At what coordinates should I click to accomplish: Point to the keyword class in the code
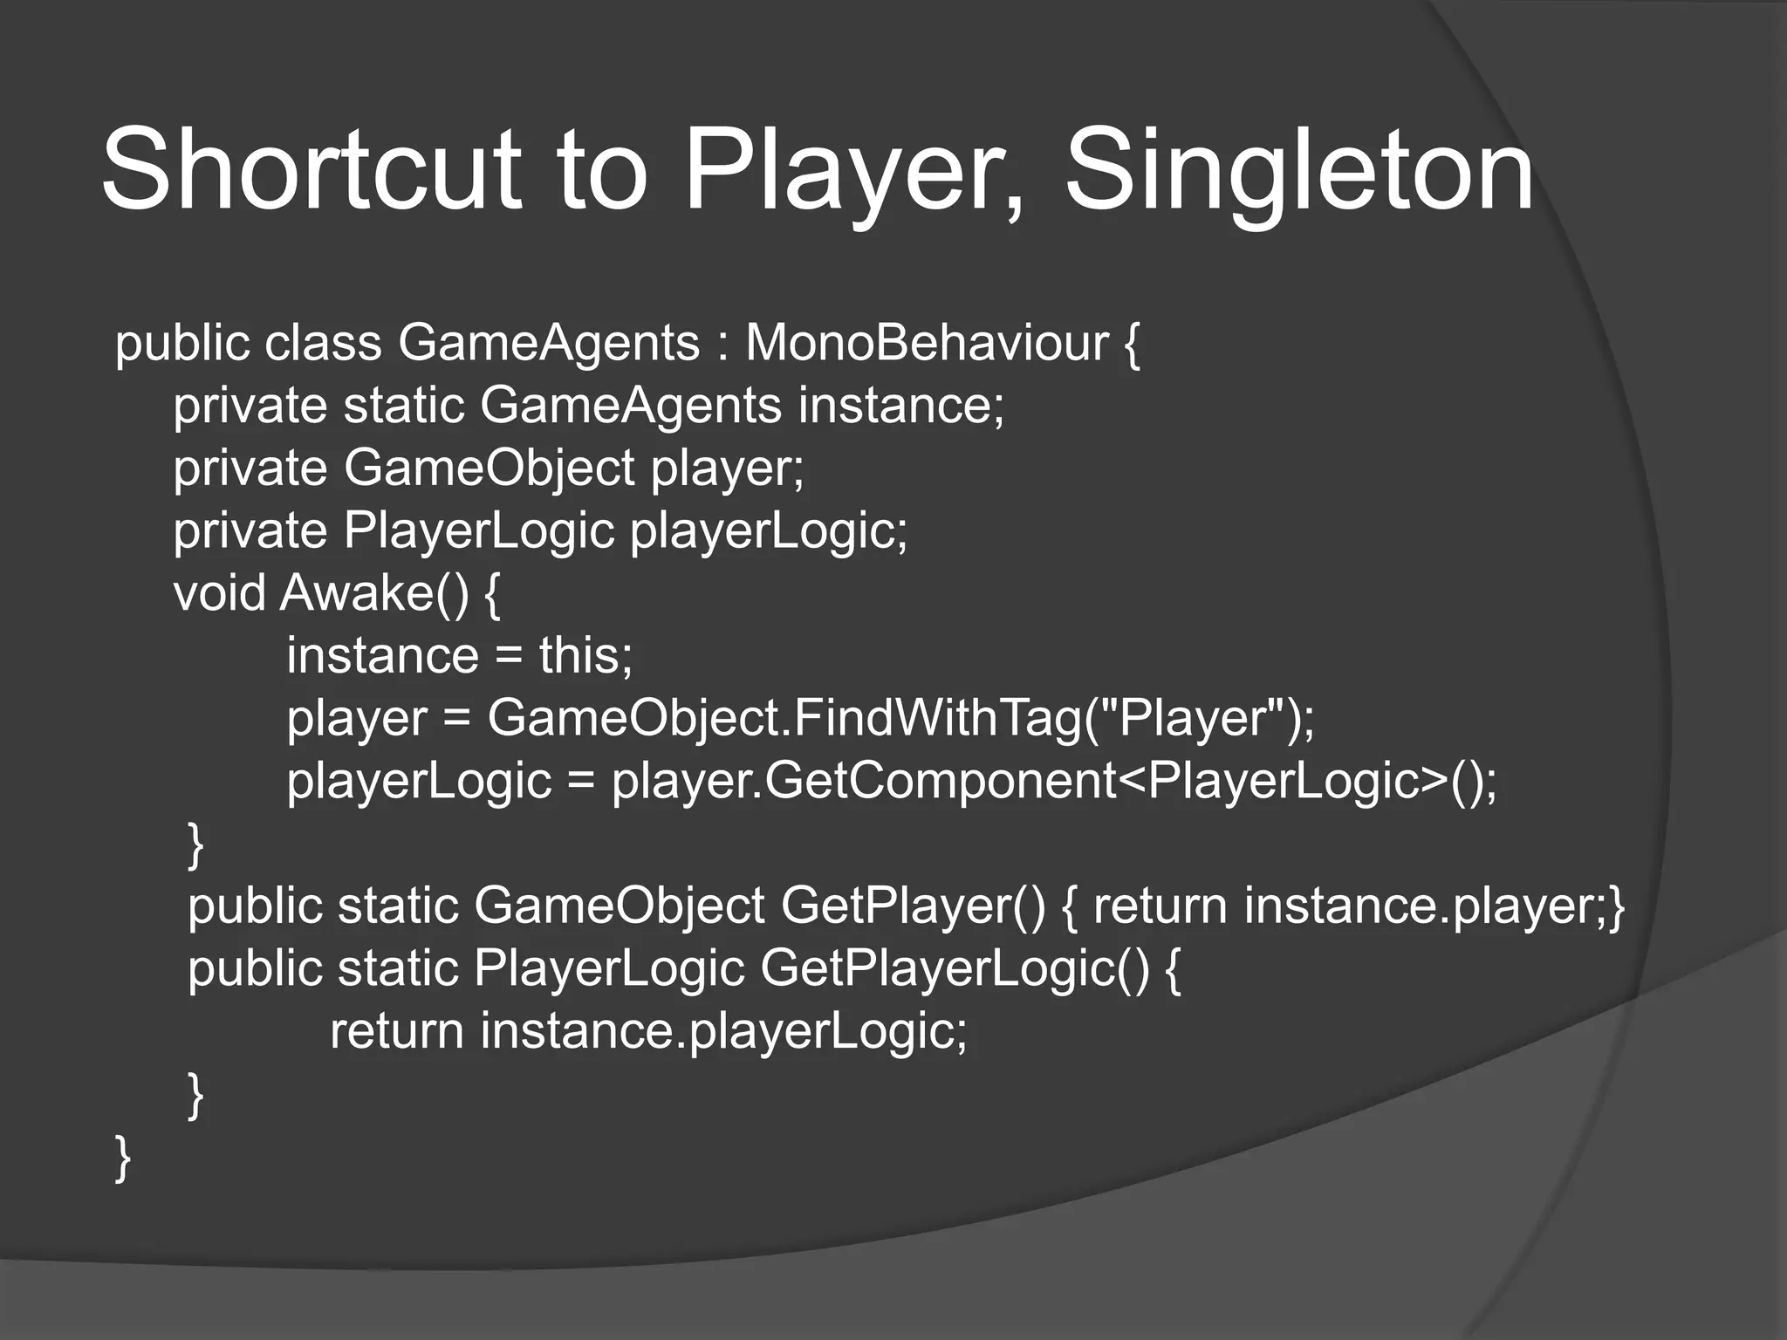click(323, 342)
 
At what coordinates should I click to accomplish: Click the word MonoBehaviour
click(927, 342)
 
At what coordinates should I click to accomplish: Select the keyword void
click(219, 593)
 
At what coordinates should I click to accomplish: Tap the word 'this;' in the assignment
click(585, 655)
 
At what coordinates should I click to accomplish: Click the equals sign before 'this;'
click(509, 657)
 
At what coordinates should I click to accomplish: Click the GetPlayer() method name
click(913, 906)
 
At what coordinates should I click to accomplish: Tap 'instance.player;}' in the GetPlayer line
click(1434, 906)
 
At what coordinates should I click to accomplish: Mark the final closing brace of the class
click(123, 1158)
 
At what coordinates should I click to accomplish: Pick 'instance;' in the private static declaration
click(900, 406)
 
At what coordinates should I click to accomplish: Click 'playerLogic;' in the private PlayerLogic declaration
click(769, 531)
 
